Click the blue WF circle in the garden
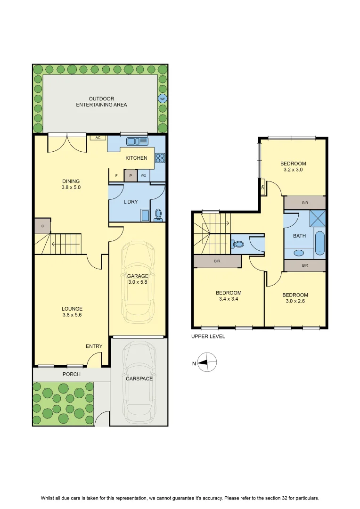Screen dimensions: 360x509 coord(163,99)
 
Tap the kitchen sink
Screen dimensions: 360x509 coord(137,141)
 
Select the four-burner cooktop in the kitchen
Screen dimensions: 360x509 coord(160,158)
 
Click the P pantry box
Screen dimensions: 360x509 coord(131,176)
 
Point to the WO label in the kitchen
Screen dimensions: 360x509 coord(143,176)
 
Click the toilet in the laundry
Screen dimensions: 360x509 coord(158,215)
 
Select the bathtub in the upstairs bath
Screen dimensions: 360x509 coord(320,243)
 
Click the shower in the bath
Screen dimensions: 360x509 coord(317,218)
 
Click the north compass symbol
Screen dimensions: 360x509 coord(207,362)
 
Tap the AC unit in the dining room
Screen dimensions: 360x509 coord(98,138)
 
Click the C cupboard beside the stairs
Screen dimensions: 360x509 coord(42,226)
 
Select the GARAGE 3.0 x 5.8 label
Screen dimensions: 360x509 coord(138,279)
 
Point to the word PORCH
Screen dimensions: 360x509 coord(72,374)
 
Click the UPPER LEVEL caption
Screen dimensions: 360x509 coord(208,337)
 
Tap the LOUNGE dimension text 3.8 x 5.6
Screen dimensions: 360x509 coord(72,315)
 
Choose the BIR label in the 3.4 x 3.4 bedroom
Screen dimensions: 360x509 coord(217,261)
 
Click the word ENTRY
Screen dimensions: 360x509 coord(94,346)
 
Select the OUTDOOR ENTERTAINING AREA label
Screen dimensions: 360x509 coord(102,102)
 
